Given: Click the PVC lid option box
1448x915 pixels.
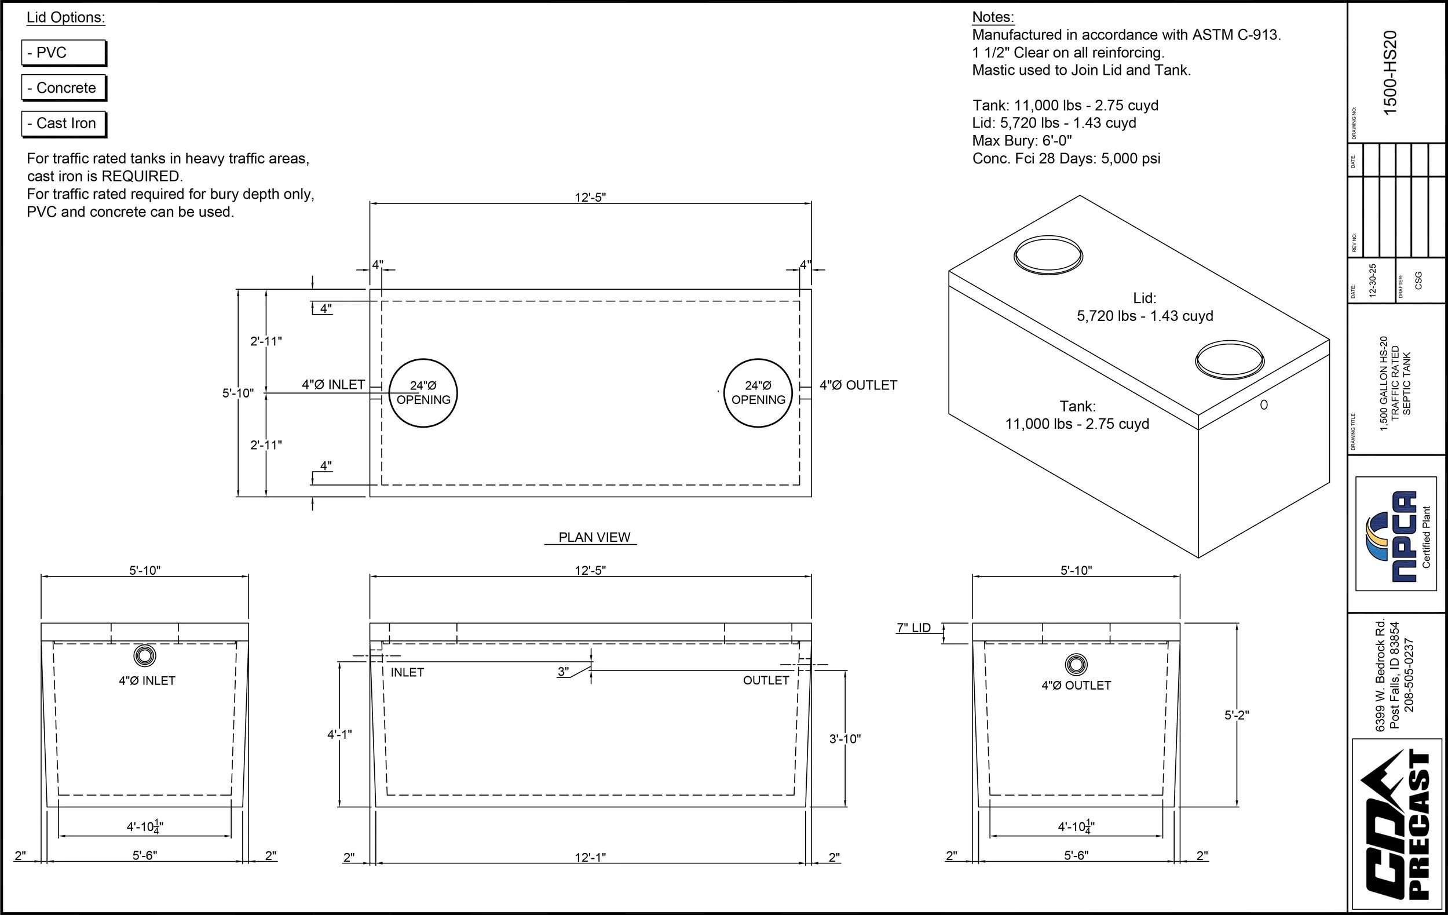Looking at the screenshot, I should point(63,53).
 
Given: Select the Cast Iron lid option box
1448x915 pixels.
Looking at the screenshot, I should point(63,123).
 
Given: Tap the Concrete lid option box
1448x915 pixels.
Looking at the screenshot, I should point(63,88).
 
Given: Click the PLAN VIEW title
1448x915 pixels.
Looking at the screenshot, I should point(594,537).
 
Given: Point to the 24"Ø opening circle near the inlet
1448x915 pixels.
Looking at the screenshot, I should point(423,393).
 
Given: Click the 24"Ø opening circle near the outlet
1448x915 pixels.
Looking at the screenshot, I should point(758,393).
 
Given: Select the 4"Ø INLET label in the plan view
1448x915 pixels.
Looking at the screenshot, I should point(333,384).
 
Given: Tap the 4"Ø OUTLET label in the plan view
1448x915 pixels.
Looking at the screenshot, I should point(858,385).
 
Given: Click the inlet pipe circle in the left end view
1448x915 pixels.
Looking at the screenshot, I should point(144,655).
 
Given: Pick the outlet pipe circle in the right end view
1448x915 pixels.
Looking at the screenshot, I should point(1076,665).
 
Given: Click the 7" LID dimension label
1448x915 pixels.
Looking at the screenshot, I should point(913,628).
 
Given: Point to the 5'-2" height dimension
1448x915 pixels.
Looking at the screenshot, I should point(1237,715).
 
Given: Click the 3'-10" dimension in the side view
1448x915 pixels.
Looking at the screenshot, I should point(845,739).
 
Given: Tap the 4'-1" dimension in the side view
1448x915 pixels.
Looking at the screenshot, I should point(339,735).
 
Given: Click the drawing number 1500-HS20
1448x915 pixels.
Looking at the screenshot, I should point(1390,72).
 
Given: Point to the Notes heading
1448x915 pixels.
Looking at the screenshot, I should point(993,17).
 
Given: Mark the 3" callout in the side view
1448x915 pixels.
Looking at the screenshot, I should point(563,672).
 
